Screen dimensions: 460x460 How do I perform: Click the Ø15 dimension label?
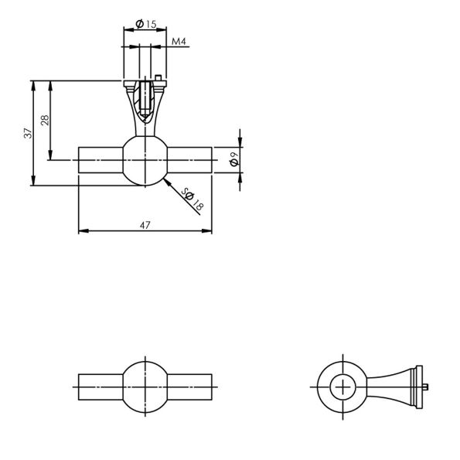146,24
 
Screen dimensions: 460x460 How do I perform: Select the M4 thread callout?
179,42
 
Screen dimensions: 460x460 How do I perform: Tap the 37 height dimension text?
28,133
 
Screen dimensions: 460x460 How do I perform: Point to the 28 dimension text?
45,121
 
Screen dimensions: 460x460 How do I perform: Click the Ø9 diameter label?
235,159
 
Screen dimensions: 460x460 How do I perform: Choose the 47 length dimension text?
145,225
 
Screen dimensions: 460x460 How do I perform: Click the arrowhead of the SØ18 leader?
167,182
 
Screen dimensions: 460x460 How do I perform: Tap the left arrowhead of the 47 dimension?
83,231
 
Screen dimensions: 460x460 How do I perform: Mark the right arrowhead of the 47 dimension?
207,231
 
